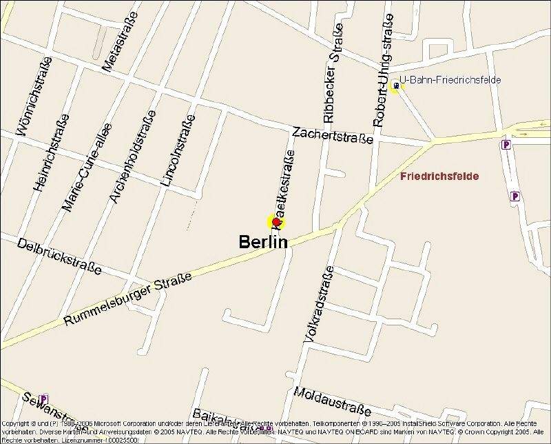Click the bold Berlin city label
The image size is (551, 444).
pyautogui.click(x=262, y=242)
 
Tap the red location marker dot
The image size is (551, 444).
pyautogui.click(x=276, y=221)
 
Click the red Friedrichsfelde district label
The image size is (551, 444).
pyautogui.click(x=439, y=176)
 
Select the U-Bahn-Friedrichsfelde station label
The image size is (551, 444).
pyautogui.click(x=450, y=80)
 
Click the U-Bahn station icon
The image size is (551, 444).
pyautogui.click(x=395, y=85)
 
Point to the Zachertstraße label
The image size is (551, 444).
pyautogui.click(x=332, y=134)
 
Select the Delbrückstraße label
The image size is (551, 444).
pyautogui.click(x=59, y=256)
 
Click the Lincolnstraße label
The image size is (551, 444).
pyautogui.click(x=178, y=152)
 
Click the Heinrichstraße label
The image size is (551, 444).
pyautogui.click(x=50, y=152)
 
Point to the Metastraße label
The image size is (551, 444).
pyautogui.click(x=118, y=42)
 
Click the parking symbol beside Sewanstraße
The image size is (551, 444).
pyautogui.click(x=44, y=398)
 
